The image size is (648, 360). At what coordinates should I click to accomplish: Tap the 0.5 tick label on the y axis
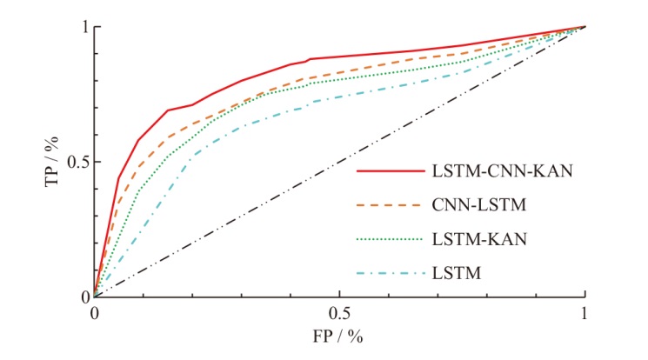[77, 163]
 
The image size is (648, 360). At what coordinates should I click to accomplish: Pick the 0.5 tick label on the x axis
[339, 312]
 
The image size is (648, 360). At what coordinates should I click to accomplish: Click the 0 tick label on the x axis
[94, 312]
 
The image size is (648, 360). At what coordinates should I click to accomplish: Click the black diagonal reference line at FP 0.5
[339, 162]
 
